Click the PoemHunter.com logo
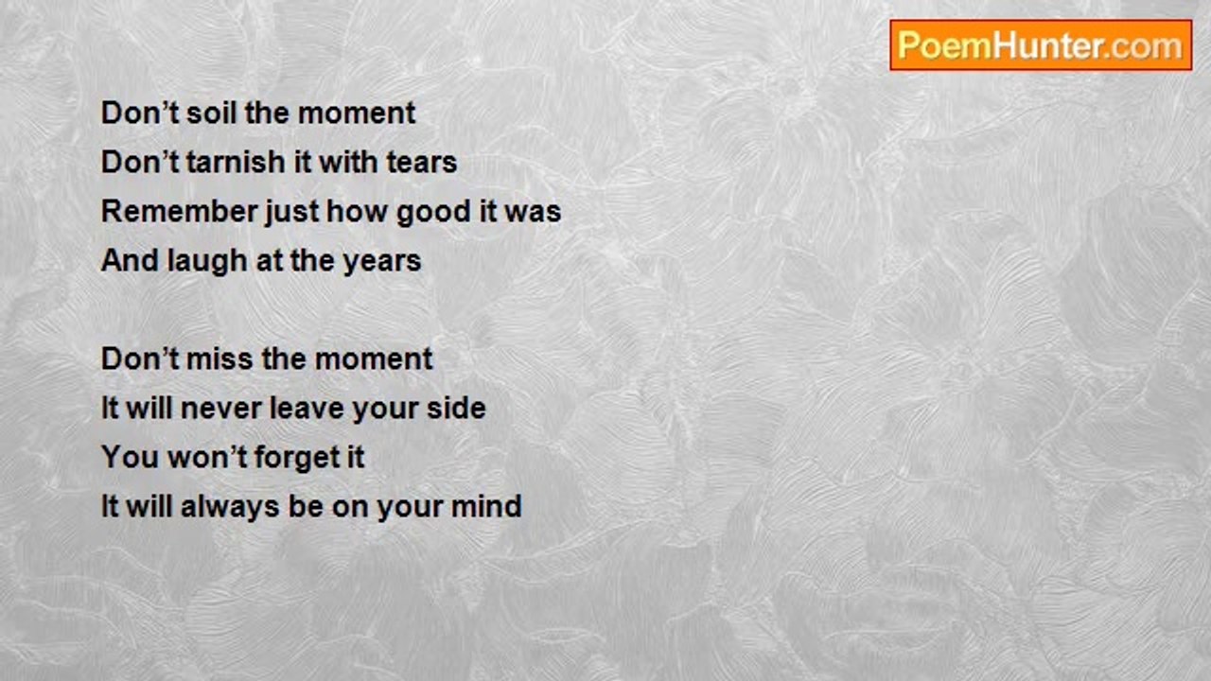point(1041,45)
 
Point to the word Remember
point(179,211)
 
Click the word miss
point(219,358)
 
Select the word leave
point(307,408)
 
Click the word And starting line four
point(131,260)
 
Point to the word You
point(131,457)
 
